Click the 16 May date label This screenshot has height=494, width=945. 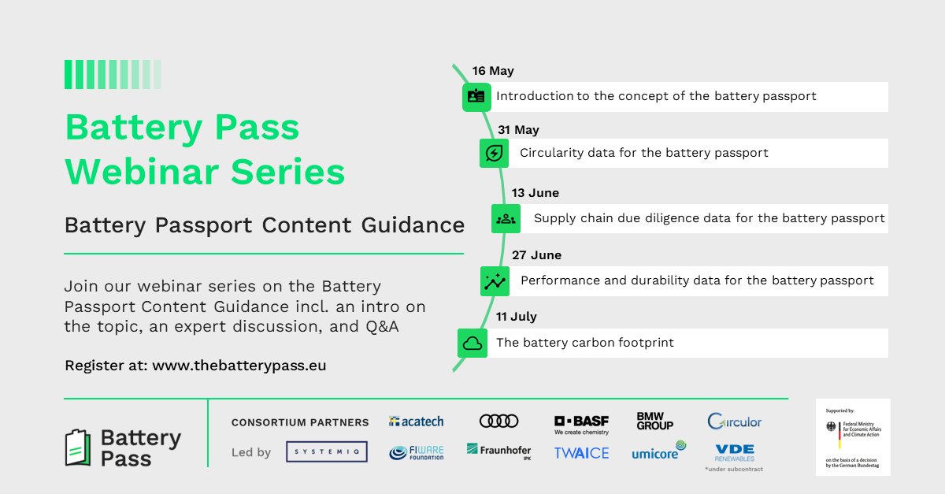[x=493, y=71]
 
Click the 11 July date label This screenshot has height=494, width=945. [x=517, y=317]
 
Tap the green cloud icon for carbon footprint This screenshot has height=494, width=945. [x=472, y=344]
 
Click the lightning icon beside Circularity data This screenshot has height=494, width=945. [x=494, y=153]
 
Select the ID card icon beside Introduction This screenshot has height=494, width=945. [x=476, y=96]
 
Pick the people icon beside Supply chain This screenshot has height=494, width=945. [x=506, y=218]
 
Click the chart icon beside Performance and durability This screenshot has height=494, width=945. [x=495, y=281]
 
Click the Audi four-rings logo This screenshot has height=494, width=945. [x=498, y=422]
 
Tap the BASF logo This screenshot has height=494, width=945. [x=581, y=425]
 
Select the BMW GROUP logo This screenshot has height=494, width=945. [x=654, y=422]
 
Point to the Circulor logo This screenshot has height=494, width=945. [x=734, y=422]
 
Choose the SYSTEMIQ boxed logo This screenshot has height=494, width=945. [x=326, y=451]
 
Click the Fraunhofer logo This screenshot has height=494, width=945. [x=498, y=451]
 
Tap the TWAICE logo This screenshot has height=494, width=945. [x=581, y=453]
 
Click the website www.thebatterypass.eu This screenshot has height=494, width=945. [x=239, y=366]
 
